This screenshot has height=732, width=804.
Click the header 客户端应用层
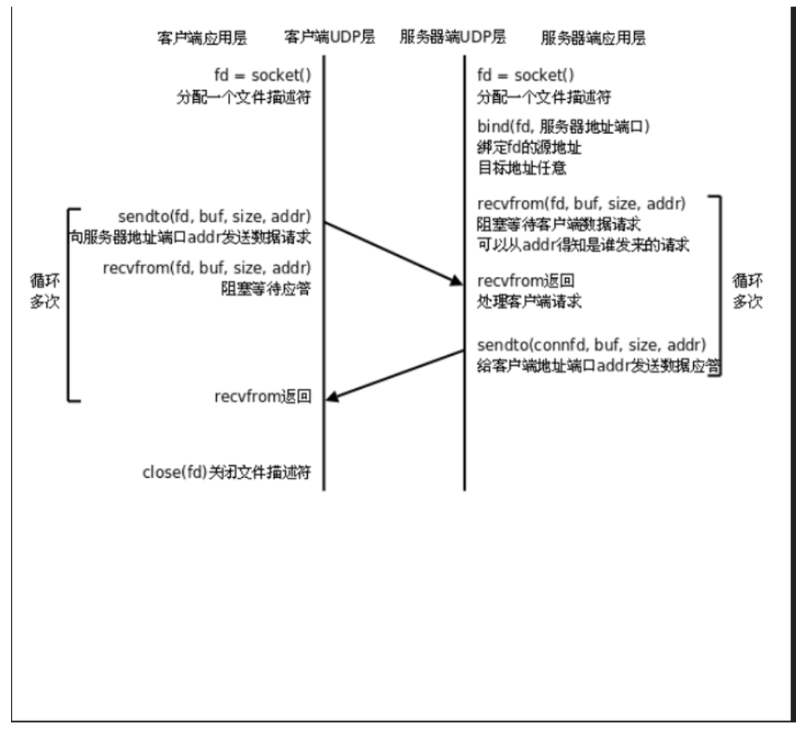coord(202,38)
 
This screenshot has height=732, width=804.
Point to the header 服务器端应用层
coord(593,38)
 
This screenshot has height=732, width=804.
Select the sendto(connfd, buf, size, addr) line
coord(592,345)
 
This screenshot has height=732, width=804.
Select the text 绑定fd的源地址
coord(530,146)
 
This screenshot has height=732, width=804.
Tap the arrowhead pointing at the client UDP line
coord(331,397)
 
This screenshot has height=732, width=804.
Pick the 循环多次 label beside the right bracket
coord(747,291)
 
